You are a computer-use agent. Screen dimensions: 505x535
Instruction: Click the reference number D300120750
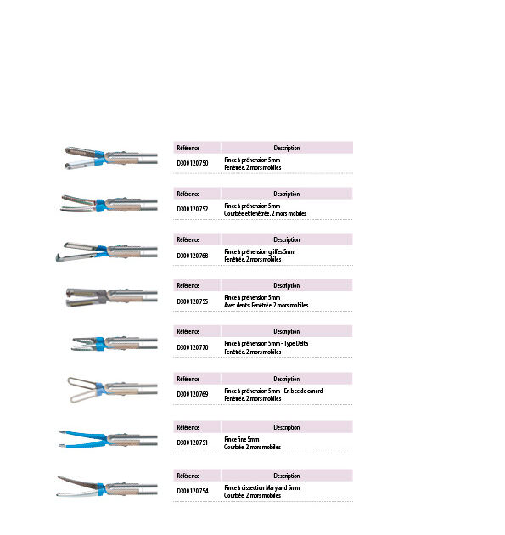(x=193, y=163)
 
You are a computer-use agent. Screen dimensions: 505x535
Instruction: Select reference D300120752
(x=193, y=209)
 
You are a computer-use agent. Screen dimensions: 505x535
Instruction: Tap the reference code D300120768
(x=193, y=256)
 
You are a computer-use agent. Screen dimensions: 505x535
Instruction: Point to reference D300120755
(x=193, y=301)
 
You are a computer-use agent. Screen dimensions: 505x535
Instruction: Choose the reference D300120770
(x=193, y=347)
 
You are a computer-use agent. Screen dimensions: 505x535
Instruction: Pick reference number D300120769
(x=193, y=394)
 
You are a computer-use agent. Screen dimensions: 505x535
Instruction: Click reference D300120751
(x=193, y=442)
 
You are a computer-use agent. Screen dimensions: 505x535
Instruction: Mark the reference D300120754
(x=193, y=491)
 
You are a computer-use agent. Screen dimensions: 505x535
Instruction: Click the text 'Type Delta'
(x=296, y=344)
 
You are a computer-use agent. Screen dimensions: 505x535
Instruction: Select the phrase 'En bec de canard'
(x=303, y=391)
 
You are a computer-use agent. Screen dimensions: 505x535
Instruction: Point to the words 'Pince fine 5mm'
(x=241, y=439)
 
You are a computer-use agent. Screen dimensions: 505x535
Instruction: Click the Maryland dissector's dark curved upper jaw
(x=79, y=482)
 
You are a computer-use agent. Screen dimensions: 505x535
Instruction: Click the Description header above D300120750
(x=287, y=148)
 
